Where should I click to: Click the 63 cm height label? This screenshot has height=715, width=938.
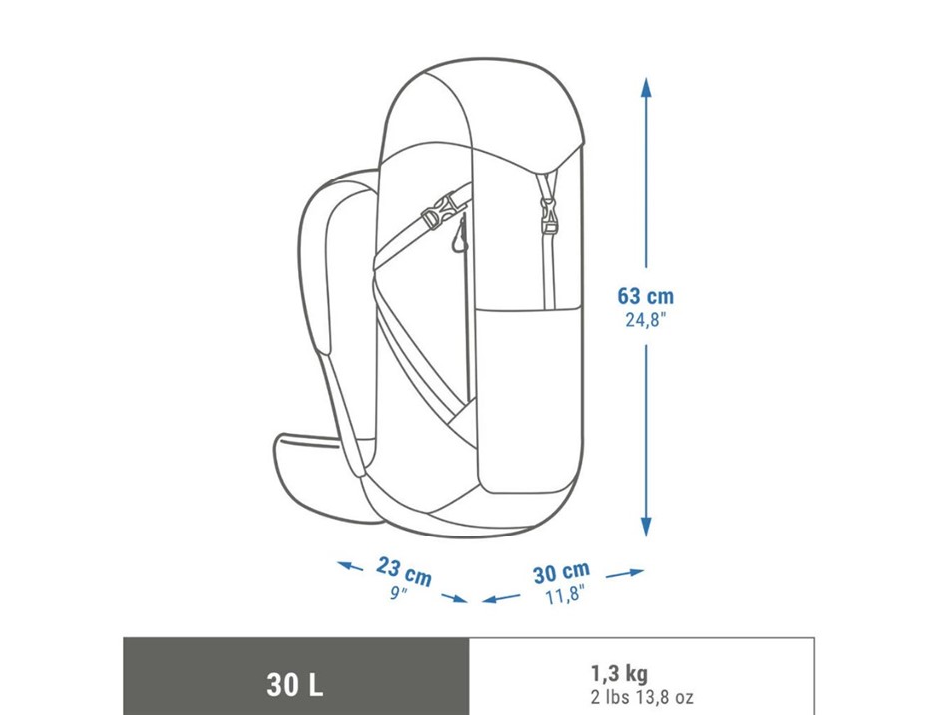coord(645,296)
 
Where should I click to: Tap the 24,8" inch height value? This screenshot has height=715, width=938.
coord(645,320)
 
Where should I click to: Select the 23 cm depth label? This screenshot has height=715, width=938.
coord(404,571)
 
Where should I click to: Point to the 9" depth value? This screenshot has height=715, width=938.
coord(398,593)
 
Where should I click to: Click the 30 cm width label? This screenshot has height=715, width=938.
coord(561,572)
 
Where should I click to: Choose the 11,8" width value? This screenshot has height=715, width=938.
coord(564,595)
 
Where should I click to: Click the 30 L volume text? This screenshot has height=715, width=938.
coord(295,684)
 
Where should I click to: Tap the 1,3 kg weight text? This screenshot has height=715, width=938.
coord(619,674)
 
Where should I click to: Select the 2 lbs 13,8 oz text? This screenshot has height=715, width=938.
coord(642,697)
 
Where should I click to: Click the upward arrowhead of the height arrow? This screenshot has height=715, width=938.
coord(645,88)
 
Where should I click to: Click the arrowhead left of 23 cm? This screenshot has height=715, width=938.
coord(345,565)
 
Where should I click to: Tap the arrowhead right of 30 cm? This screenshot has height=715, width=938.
coord(634,572)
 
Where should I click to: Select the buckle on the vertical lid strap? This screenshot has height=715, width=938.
coord(547,216)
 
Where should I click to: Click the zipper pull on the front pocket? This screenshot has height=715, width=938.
coord(459,236)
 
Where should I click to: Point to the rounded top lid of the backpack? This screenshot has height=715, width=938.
coord(482,108)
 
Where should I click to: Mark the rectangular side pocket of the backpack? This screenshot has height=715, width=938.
coord(530,401)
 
